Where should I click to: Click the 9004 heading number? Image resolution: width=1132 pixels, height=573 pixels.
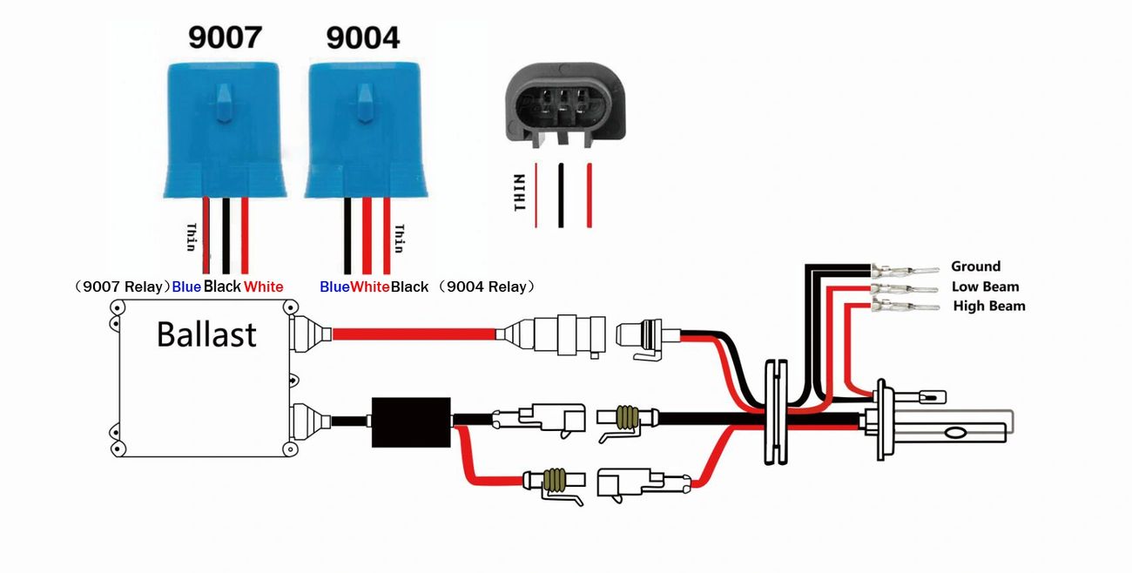click(362, 38)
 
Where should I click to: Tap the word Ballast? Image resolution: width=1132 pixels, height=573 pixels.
click(206, 334)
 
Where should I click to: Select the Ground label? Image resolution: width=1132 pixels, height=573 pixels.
click(975, 266)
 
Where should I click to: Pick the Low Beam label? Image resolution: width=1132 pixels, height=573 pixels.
click(985, 286)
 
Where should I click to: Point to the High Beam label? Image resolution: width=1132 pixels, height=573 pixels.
click(989, 306)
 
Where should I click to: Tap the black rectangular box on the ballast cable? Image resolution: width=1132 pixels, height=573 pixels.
click(411, 421)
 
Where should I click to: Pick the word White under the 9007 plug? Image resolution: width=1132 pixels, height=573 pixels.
click(264, 286)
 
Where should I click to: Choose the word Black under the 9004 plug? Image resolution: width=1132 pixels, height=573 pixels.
click(409, 286)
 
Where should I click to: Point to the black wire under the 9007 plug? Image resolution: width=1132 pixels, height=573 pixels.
click(226, 235)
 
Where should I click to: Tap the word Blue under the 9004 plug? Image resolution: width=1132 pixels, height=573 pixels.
click(334, 286)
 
